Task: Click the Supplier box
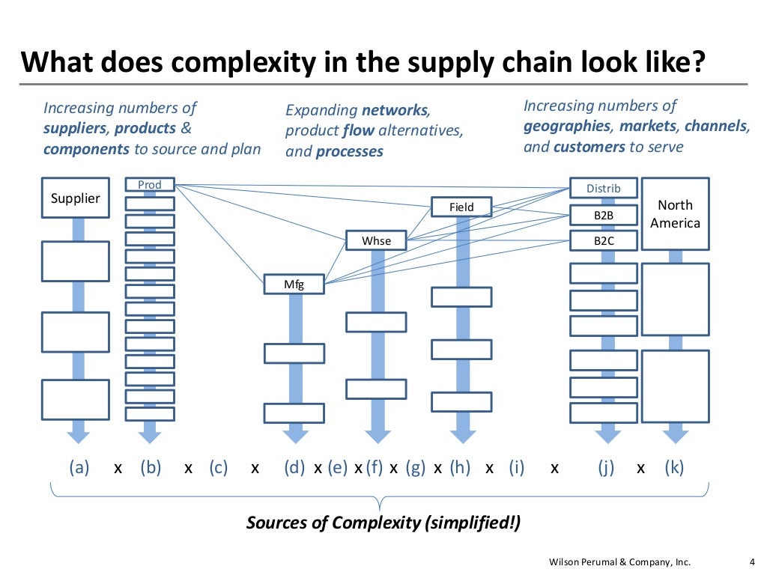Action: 74,198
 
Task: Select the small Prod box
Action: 150,185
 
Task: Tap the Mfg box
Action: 294,285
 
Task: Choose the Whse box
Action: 376,240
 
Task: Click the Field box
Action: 461,207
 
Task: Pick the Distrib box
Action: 603,189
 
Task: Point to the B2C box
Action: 603,240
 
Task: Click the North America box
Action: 675,213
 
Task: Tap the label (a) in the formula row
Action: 79,468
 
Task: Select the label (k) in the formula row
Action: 674,468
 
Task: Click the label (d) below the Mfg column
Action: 294,468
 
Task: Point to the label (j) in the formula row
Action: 606,468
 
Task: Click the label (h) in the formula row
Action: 460,468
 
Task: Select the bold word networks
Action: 395,111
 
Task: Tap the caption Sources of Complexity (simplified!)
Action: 383,523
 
